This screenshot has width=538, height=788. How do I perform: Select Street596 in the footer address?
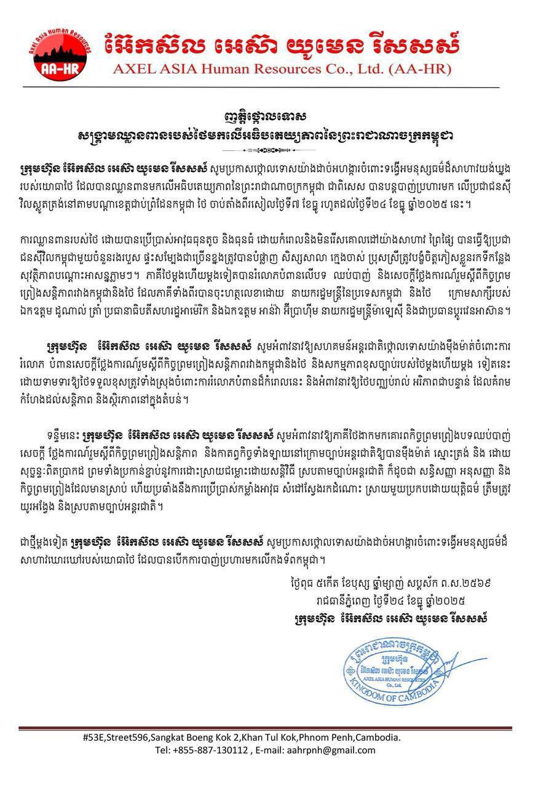[x=133, y=737]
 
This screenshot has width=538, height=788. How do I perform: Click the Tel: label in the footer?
[x=163, y=750]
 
